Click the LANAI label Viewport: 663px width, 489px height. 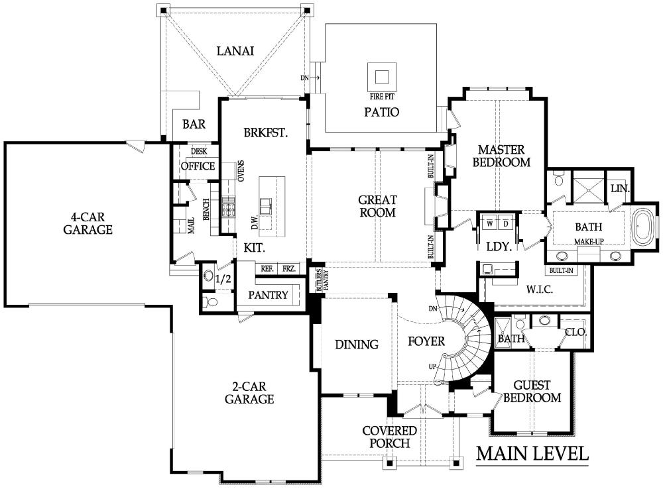[235, 51]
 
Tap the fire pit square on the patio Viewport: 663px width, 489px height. [382, 77]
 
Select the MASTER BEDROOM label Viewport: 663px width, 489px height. [501, 156]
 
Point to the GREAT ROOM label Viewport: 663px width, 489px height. [377, 206]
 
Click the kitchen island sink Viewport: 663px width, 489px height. [266, 207]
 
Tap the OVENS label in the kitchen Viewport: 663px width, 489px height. [241, 171]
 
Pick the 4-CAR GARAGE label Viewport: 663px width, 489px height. [88, 223]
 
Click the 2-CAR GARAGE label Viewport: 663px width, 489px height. [249, 393]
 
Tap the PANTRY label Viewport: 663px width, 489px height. [268, 295]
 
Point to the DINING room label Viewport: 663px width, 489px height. [357, 345]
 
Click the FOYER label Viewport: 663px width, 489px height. [426, 341]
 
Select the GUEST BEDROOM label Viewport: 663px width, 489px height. [532, 392]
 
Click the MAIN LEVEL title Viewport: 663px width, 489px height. [532, 453]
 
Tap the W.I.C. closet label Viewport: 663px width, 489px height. [540, 290]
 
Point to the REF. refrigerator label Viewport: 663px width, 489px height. [267, 268]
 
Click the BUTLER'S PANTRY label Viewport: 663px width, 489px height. [323, 280]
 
